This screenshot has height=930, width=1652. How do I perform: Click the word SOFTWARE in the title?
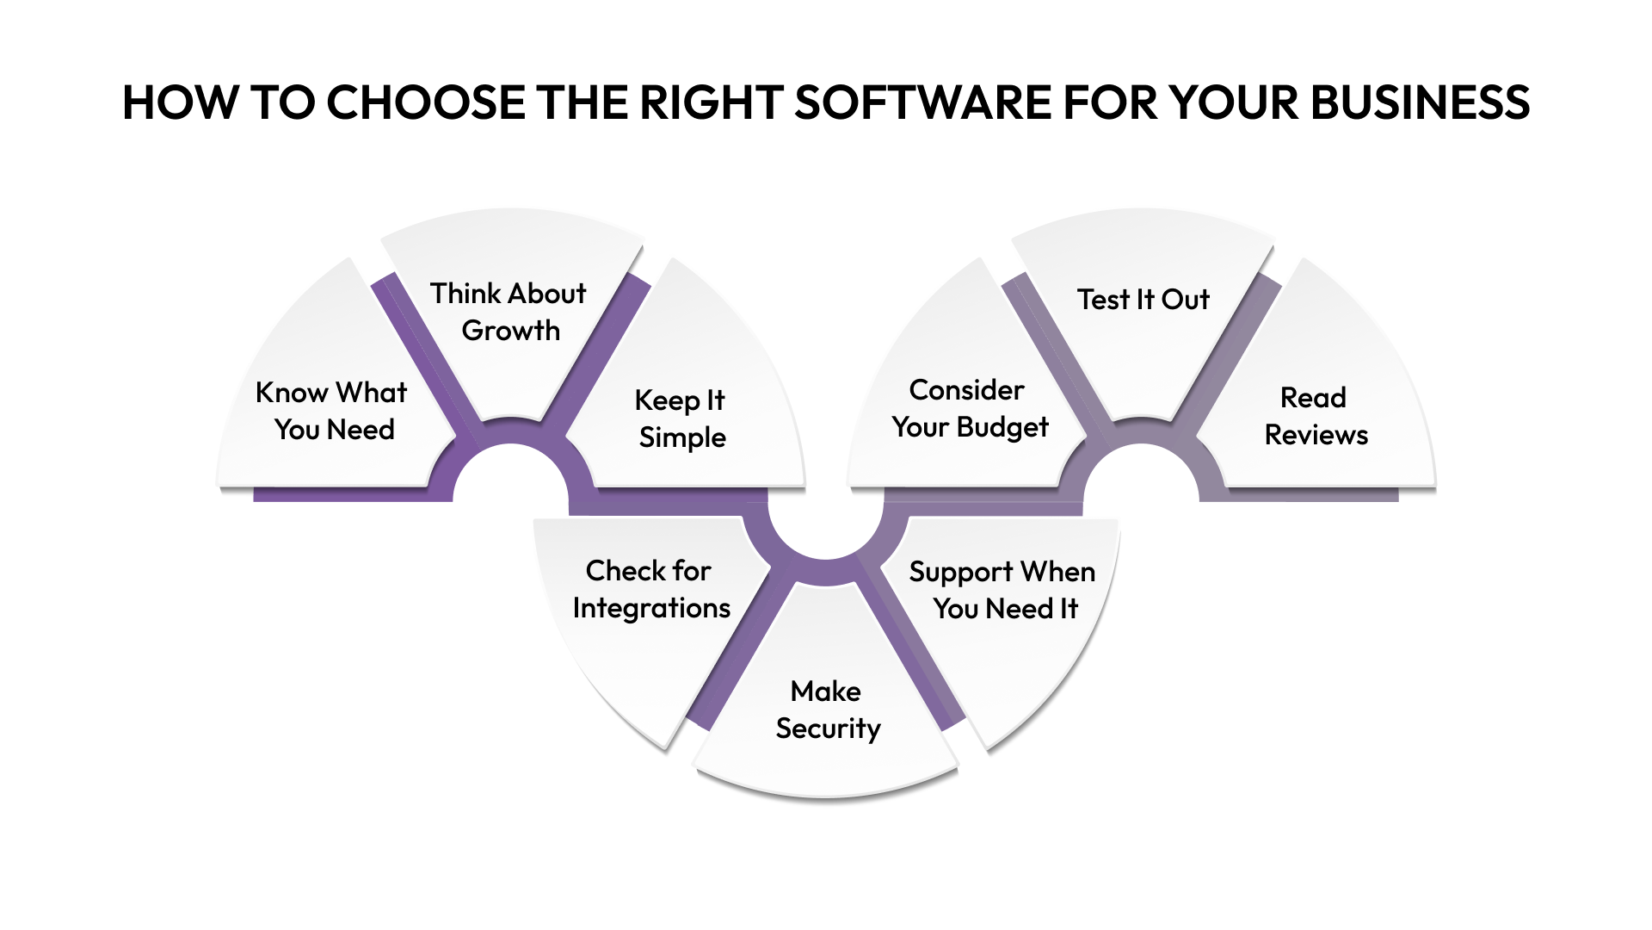[x=922, y=102]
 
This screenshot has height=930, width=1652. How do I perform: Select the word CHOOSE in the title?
[x=425, y=102]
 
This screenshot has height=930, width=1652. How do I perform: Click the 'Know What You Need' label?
[x=332, y=411]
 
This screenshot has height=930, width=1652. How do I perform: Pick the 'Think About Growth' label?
[x=509, y=312]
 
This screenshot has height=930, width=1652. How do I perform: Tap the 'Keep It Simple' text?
[x=681, y=418]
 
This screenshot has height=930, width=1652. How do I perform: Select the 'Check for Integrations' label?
[x=650, y=589]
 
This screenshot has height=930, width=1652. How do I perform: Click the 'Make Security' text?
[x=827, y=710]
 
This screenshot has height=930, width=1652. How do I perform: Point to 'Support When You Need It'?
[x=1002, y=590]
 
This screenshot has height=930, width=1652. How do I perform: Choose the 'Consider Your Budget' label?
[x=969, y=408]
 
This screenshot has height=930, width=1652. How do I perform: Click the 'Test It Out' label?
[x=1143, y=300]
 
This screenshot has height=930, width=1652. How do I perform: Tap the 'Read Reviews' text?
[x=1315, y=416]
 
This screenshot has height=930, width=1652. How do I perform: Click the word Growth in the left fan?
[x=510, y=331]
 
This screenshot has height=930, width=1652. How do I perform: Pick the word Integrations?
[x=651, y=608]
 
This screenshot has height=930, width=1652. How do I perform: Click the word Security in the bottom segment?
[x=828, y=728]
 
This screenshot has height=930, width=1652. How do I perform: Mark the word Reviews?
[x=1316, y=435]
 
